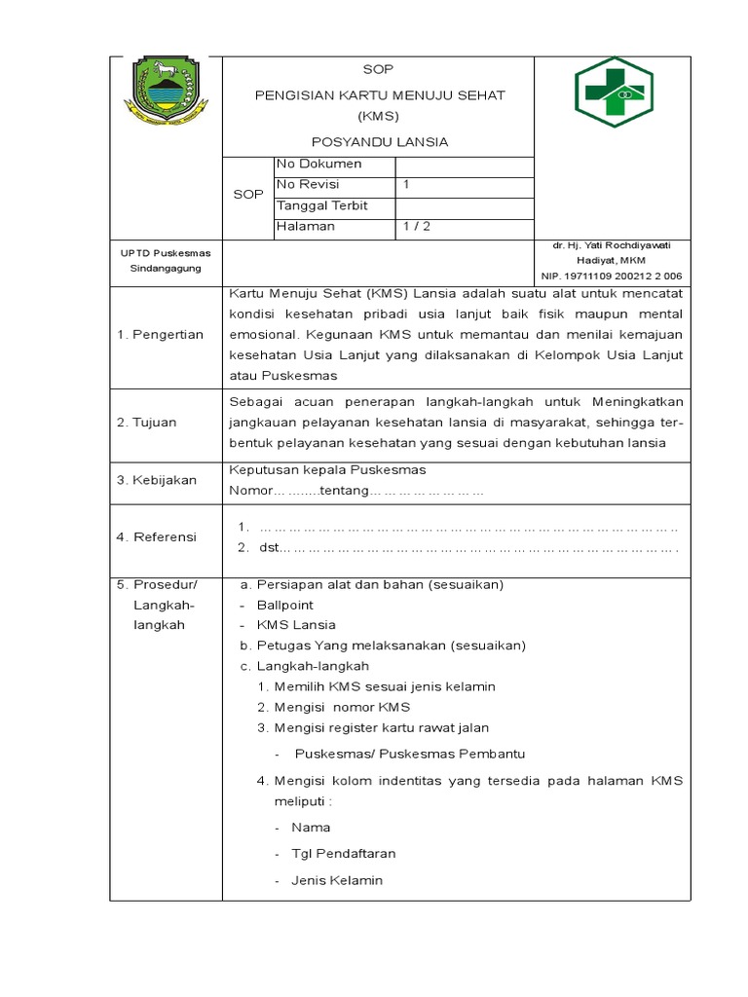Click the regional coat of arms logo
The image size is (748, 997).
pos(164,92)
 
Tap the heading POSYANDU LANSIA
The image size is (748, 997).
pos(379,142)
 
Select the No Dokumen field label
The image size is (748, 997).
pos(319,165)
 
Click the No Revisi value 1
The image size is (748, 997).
pos(406,185)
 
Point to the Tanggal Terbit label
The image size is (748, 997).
pos(321,206)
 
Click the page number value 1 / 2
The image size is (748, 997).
pos(417,227)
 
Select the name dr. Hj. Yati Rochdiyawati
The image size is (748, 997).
pos(614,246)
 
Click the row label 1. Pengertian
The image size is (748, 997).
pos(160,335)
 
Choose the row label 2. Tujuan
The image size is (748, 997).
pos(148,423)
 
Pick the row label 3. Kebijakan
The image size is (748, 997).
pos(156,480)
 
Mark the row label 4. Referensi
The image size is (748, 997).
pos(157,537)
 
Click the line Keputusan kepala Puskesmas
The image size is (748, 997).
pos(327,470)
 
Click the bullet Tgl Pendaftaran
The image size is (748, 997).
pos(343,854)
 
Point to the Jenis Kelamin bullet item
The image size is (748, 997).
pos(337,880)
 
